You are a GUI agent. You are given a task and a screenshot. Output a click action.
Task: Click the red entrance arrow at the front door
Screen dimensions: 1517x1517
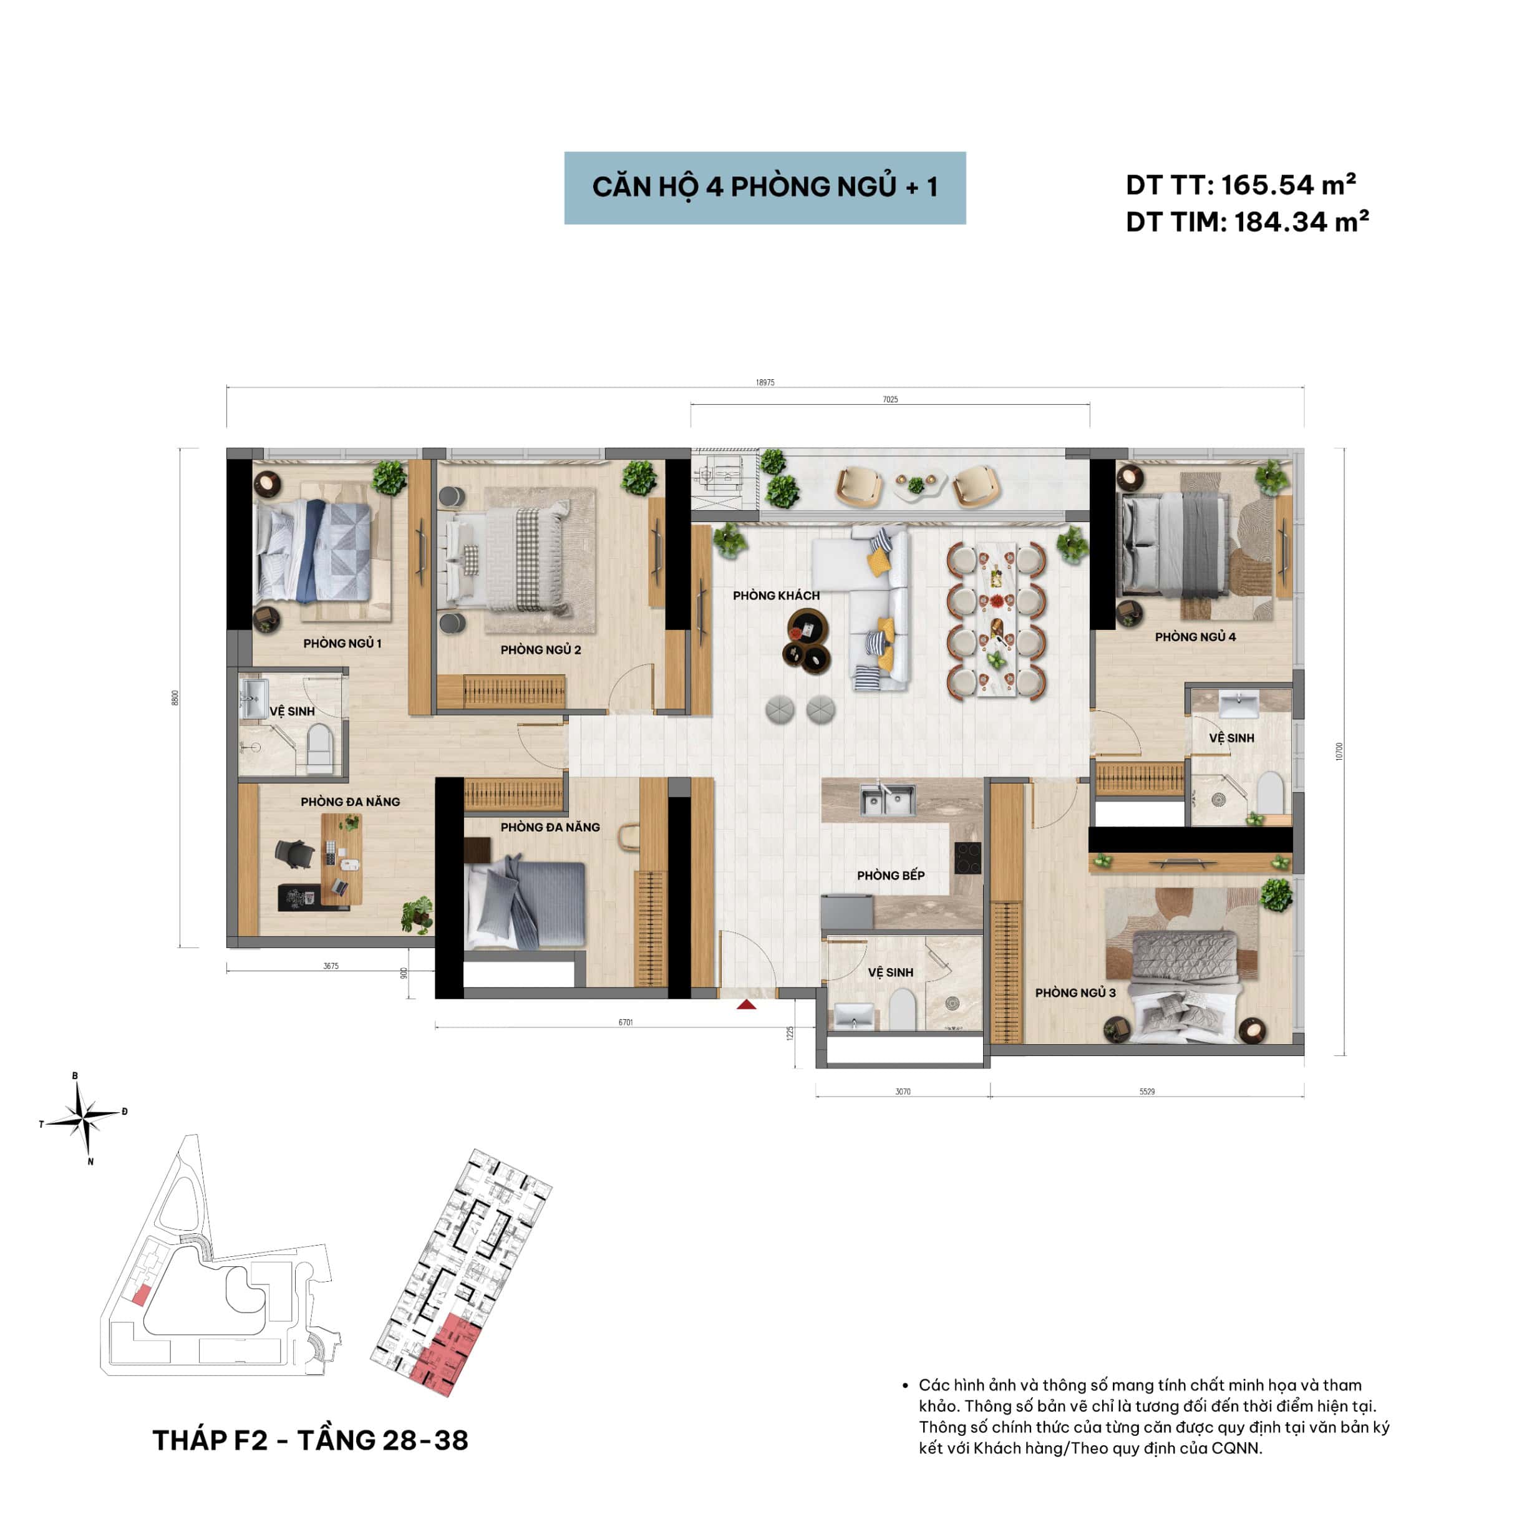click(x=746, y=1004)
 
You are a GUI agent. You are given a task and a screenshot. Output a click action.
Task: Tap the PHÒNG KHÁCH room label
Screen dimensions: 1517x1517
click(x=776, y=596)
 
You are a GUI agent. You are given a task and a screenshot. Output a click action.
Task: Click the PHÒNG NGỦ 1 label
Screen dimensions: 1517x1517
click(x=342, y=644)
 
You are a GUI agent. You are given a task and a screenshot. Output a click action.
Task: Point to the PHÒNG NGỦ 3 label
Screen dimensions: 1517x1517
click(x=1075, y=993)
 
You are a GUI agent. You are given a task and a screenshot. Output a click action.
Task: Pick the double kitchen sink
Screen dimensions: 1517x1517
click(x=887, y=800)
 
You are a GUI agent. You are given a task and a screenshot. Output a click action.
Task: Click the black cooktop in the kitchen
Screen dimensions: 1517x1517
click(x=967, y=858)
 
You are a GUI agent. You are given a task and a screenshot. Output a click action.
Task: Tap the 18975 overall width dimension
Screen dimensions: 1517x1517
click(x=765, y=383)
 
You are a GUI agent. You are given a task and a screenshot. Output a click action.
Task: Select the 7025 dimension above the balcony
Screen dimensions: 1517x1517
click(x=889, y=400)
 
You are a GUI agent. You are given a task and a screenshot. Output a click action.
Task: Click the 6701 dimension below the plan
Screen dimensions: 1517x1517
click(x=625, y=1022)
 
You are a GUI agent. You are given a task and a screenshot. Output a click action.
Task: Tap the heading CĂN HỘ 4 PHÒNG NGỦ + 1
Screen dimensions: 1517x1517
click(x=765, y=188)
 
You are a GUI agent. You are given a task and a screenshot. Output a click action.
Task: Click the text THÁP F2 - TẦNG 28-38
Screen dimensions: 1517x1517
click(x=310, y=1441)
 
